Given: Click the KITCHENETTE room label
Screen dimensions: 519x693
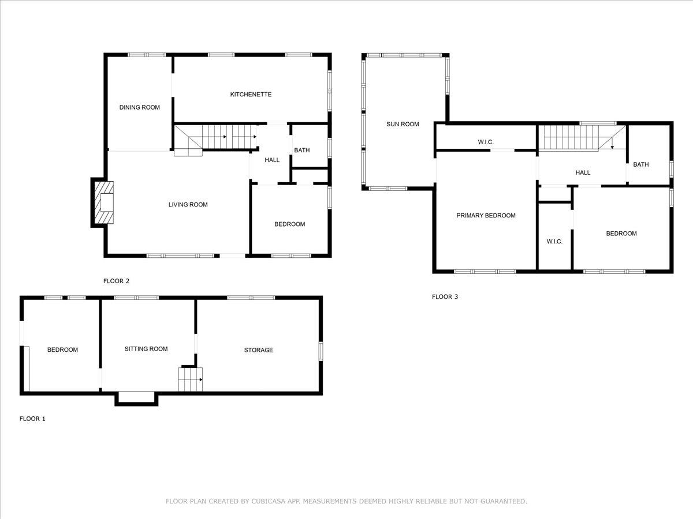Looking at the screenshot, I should pyautogui.click(x=251, y=95).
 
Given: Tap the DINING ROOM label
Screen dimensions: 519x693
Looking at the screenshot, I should pyautogui.click(x=139, y=107).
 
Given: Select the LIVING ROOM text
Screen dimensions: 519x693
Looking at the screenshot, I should pyautogui.click(x=188, y=205).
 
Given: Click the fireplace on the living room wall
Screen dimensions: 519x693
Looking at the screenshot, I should pyautogui.click(x=104, y=203).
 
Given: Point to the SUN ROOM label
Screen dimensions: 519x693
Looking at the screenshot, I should pyautogui.click(x=403, y=124).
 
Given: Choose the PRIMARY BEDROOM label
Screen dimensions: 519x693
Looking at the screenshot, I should pyautogui.click(x=486, y=216).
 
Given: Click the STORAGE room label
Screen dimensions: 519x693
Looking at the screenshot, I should pyautogui.click(x=258, y=350).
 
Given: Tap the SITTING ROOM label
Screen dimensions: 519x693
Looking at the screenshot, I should pyautogui.click(x=146, y=349).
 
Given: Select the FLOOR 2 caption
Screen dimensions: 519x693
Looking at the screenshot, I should pyautogui.click(x=116, y=281).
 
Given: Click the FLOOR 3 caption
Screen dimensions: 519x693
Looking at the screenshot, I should pyautogui.click(x=445, y=297).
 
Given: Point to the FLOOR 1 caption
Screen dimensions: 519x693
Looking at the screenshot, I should pyautogui.click(x=32, y=419).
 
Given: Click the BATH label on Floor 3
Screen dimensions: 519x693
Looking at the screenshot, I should pyautogui.click(x=640, y=164).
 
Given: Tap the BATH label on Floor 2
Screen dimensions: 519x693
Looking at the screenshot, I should pyautogui.click(x=301, y=151).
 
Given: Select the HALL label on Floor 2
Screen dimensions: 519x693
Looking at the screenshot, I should pyautogui.click(x=272, y=160).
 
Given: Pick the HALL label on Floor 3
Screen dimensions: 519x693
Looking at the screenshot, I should pyautogui.click(x=583, y=172).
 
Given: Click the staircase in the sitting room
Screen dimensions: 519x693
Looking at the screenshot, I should pyautogui.click(x=190, y=379).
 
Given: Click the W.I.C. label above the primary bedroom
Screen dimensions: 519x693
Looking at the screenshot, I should pyautogui.click(x=486, y=142).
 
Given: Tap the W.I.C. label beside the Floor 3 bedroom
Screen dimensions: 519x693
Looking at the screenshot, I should pyautogui.click(x=554, y=242).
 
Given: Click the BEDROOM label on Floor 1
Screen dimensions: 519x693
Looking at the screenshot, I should pyautogui.click(x=62, y=350).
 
